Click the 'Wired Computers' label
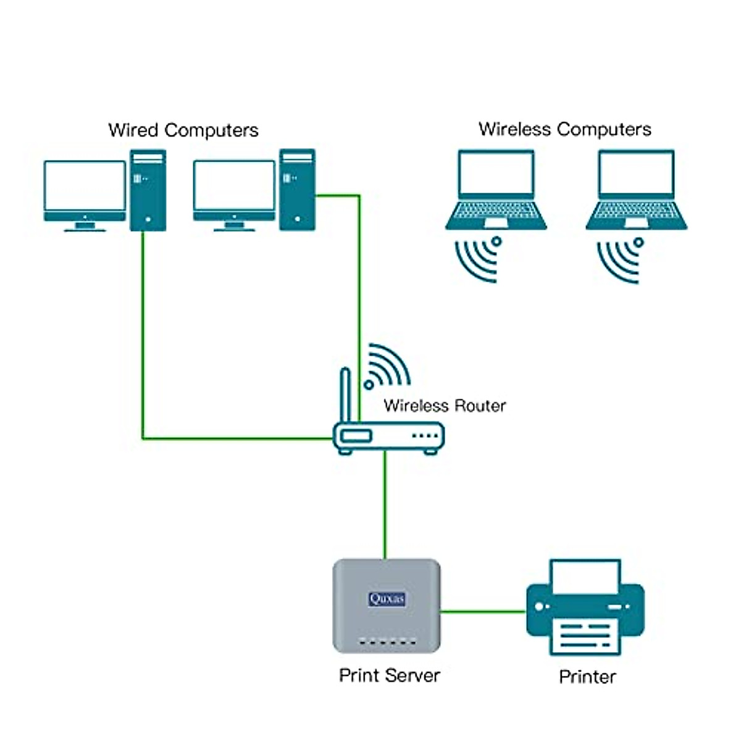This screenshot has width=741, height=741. (x=183, y=130)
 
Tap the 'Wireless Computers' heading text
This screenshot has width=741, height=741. (x=564, y=129)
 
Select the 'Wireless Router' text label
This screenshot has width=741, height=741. (x=445, y=406)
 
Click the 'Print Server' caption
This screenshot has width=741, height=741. (x=389, y=675)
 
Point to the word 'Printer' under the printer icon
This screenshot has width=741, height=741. (x=587, y=677)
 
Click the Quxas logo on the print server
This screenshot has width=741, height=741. (x=387, y=598)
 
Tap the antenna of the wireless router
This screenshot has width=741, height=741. (x=346, y=395)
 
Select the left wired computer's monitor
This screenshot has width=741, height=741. (x=85, y=187)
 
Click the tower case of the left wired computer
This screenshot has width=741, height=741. (x=148, y=190)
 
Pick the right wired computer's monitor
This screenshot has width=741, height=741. (x=234, y=187)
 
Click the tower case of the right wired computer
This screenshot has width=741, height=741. (x=297, y=190)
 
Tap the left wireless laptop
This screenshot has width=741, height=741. (x=496, y=190)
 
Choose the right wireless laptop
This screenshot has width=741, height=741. (x=637, y=190)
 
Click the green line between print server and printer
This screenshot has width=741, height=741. (x=482, y=612)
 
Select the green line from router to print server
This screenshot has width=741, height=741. (x=385, y=506)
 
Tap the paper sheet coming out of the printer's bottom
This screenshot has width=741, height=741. (x=584, y=636)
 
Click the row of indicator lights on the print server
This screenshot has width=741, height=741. (x=387, y=642)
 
